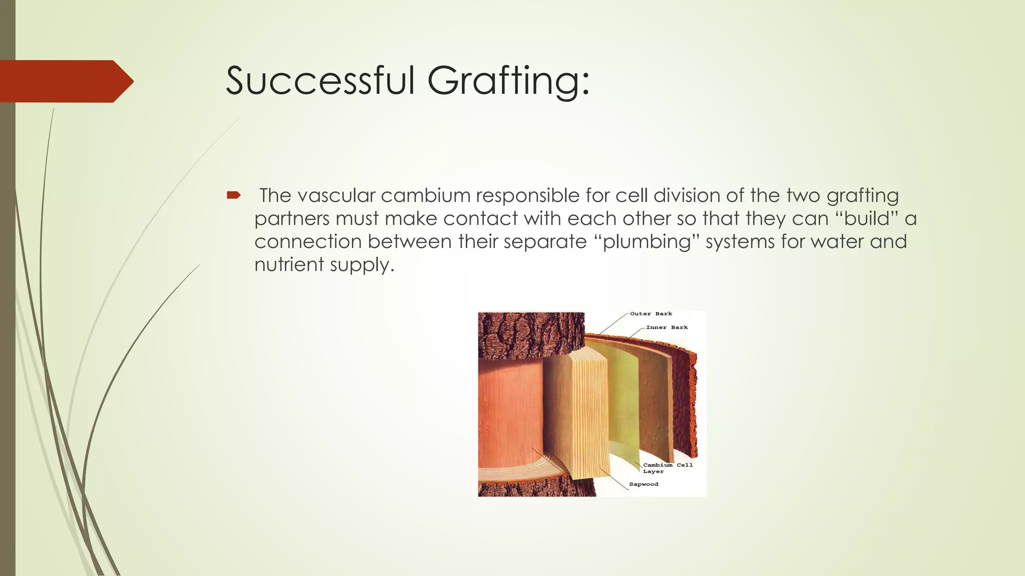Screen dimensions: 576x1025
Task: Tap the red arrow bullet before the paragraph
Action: pyautogui.click(x=234, y=195)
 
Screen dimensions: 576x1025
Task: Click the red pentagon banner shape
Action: pyautogui.click(x=65, y=81)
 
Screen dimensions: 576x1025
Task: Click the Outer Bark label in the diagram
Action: pyautogui.click(x=651, y=314)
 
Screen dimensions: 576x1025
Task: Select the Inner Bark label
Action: pyautogui.click(x=667, y=327)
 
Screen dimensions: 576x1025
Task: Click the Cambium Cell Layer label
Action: pyautogui.click(x=667, y=468)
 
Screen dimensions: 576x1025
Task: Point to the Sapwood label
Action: pyautogui.click(x=644, y=484)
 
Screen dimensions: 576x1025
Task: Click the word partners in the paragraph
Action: pyautogui.click(x=291, y=218)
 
